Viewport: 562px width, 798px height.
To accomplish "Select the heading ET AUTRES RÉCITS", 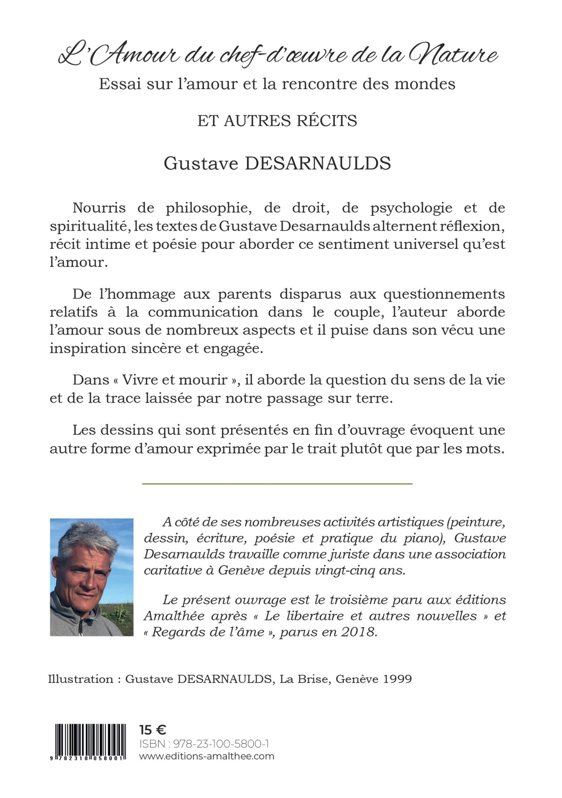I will click(x=277, y=121).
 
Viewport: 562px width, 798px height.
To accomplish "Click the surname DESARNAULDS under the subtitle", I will click(x=317, y=163).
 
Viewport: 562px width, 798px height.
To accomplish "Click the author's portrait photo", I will click(x=91, y=577).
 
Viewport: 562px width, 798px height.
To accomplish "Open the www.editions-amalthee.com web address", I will click(x=207, y=756).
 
